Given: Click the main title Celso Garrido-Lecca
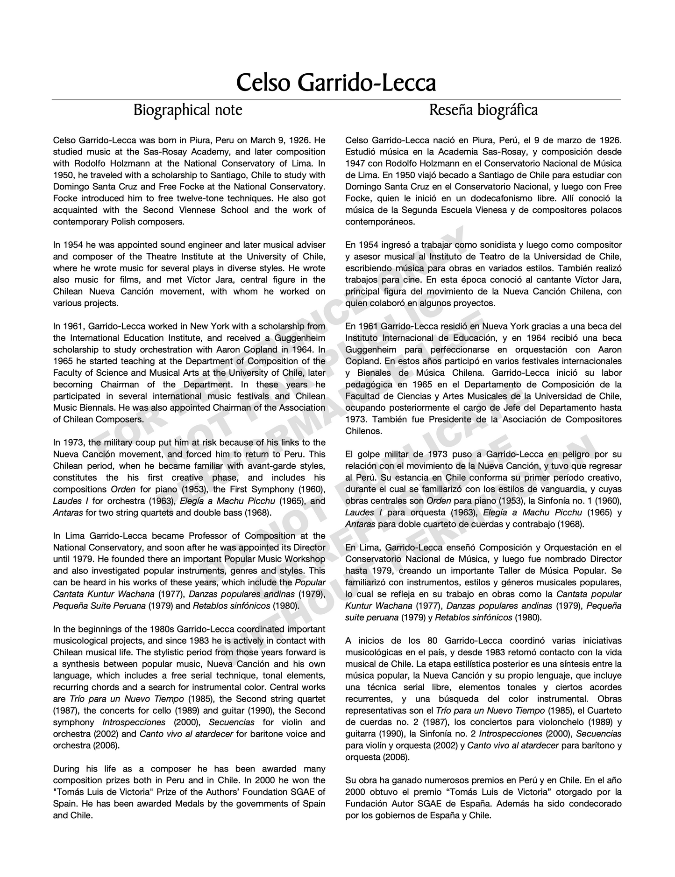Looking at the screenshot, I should (x=336, y=83).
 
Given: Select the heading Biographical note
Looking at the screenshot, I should (x=188, y=111).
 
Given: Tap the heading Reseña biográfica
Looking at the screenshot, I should (x=483, y=111).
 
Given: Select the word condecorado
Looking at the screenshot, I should (x=594, y=804).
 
